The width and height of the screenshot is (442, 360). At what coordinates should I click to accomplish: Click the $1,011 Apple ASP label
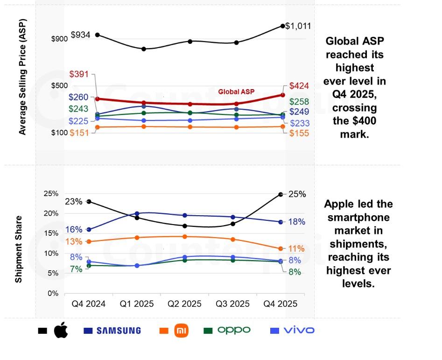(x=298, y=26)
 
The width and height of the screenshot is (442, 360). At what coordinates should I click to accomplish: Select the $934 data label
(x=80, y=35)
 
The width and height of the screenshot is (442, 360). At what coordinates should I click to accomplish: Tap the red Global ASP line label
(x=237, y=92)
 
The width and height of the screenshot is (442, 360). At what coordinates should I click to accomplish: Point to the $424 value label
(x=299, y=86)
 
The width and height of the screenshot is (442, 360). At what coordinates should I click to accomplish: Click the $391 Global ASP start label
(x=79, y=74)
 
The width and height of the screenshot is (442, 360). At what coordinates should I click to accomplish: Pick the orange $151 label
(x=79, y=133)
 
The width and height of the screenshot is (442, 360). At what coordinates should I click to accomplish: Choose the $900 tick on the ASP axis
(x=60, y=39)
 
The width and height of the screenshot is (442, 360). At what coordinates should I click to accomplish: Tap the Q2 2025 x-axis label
(x=184, y=304)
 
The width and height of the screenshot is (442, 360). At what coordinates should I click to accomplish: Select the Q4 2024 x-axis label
(x=88, y=304)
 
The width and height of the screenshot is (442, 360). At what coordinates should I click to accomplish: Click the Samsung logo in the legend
(x=119, y=331)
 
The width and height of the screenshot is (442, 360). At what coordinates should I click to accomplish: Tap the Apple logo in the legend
(x=61, y=330)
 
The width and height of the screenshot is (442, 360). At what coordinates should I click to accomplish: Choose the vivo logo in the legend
(x=299, y=330)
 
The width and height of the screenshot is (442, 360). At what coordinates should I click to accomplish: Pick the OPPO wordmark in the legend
(x=234, y=330)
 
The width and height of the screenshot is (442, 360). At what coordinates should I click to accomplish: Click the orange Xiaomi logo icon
(x=181, y=331)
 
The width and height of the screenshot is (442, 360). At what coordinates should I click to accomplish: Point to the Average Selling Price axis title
(x=22, y=77)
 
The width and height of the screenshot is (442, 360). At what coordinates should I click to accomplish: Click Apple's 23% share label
(x=74, y=202)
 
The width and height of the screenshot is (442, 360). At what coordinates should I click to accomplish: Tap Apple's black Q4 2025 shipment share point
(x=281, y=194)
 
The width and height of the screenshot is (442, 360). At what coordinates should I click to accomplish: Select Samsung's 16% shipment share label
(x=74, y=229)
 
